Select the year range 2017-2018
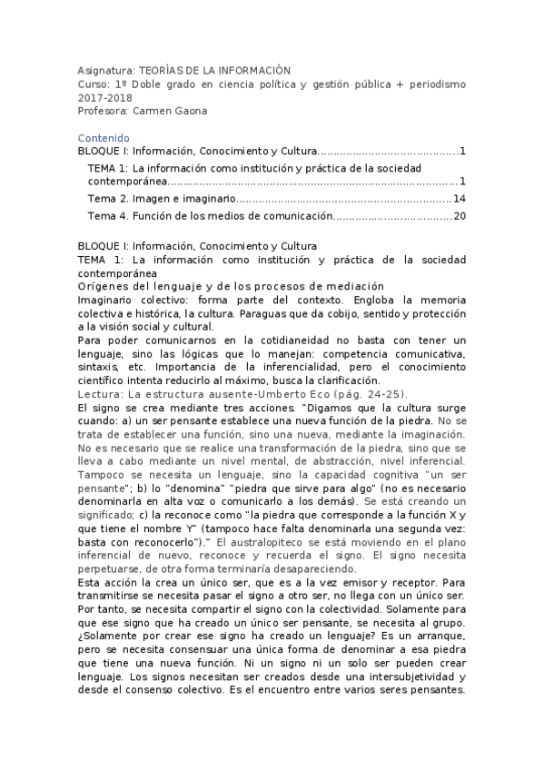click(x=102, y=96)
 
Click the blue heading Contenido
click(x=104, y=138)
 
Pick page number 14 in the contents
click(x=459, y=199)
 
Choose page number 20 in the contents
click(x=459, y=216)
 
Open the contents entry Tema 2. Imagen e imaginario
click(x=163, y=199)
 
